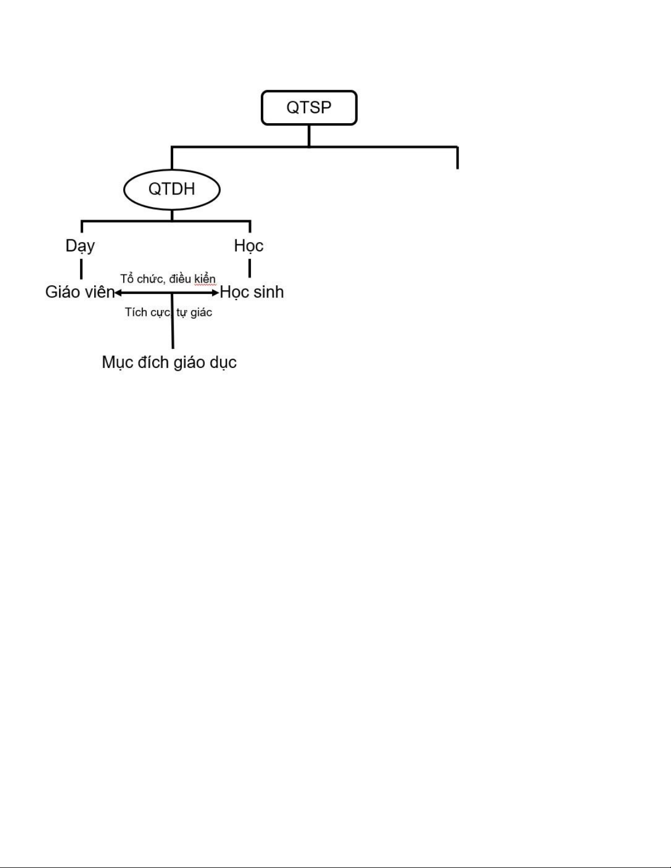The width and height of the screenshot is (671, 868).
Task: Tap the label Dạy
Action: (81, 246)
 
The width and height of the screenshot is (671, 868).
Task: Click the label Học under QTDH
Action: (249, 246)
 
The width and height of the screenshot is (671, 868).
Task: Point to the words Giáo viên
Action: (80, 292)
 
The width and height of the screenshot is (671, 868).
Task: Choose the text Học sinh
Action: (251, 292)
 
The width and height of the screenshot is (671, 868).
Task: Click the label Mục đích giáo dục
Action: (169, 363)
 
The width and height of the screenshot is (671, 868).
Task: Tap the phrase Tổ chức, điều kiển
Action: (168, 278)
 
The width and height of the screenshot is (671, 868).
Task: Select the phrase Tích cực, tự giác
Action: (168, 312)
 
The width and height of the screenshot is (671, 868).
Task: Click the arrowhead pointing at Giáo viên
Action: (118, 293)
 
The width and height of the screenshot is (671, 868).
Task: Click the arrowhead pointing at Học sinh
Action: (216, 293)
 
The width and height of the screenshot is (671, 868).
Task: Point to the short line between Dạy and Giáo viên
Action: (82, 269)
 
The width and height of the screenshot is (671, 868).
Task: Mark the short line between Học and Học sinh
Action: (250, 268)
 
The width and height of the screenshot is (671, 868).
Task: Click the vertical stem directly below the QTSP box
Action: (309, 136)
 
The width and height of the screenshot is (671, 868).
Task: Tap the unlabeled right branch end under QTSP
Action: (457, 168)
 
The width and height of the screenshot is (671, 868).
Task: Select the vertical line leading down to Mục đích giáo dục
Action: (173, 321)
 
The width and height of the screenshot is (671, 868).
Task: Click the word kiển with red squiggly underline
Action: (205, 279)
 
